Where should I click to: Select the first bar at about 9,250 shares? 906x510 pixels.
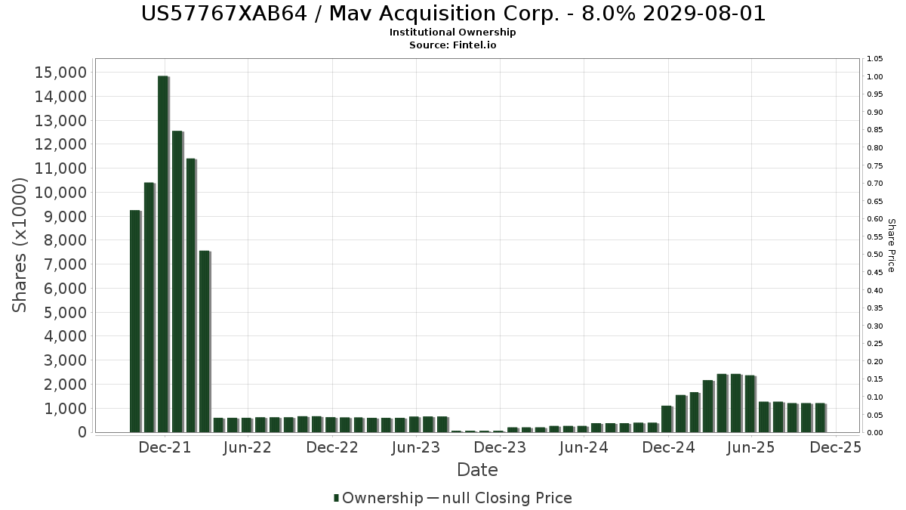(x=135, y=321)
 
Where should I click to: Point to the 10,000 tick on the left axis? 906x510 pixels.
(x=61, y=193)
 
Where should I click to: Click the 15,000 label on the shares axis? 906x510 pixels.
(x=61, y=73)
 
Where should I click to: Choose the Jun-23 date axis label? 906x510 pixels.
(x=416, y=447)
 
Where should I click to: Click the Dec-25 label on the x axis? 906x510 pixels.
(x=835, y=447)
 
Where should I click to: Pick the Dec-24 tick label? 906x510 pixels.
(x=667, y=447)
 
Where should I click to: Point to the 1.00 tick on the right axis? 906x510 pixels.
(x=875, y=77)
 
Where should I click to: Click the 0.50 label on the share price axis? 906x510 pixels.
(x=875, y=255)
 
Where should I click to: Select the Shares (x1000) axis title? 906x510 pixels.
(x=20, y=245)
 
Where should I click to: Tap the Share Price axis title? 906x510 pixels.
(x=891, y=246)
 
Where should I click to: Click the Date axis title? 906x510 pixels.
(x=477, y=470)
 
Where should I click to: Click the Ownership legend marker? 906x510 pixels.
(x=337, y=498)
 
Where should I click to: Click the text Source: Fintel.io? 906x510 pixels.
(x=452, y=45)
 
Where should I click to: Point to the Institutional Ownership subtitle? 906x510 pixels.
(x=452, y=32)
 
